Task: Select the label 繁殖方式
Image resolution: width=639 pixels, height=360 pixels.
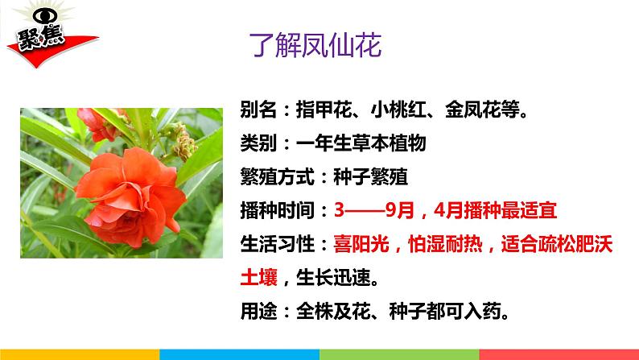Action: (x=277, y=177)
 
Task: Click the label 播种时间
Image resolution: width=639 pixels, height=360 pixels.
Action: (x=277, y=211)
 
